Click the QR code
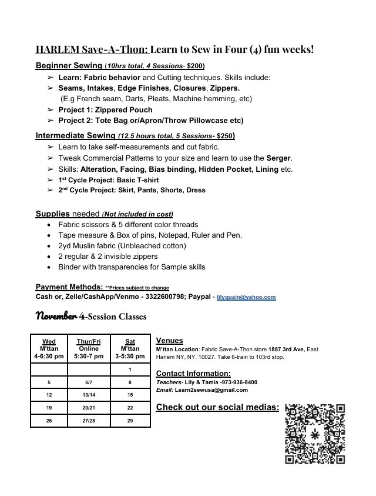pyautogui.click(x=315, y=434)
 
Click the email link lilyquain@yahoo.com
pyautogui.click(x=246, y=297)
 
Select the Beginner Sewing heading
pyautogui.click(x=69, y=65)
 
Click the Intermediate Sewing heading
pyautogui.click(x=75, y=135)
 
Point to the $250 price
pyautogui.click(x=225, y=136)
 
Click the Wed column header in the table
pyautogui.click(x=49, y=342)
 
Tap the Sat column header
pyautogui.click(x=130, y=342)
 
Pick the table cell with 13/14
pyautogui.click(x=88, y=395)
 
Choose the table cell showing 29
pyautogui.click(x=130, y=421)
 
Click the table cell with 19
pyautogui.click(x=49, y=408)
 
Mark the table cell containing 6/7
pyautogui.click(x=88, y=382)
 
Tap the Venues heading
pyautogui.click(x=169, y=341)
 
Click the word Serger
pyautogui.click(x=278, y=158)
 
